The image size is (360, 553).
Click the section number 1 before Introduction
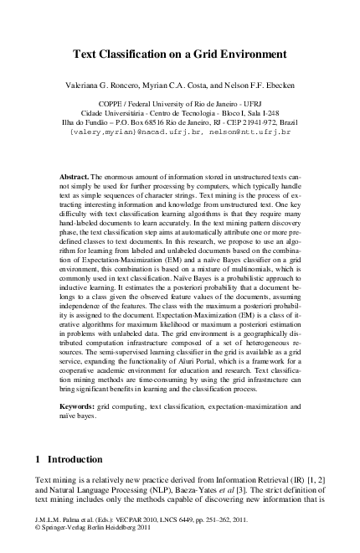pyautogui.click(x=38, y=460)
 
